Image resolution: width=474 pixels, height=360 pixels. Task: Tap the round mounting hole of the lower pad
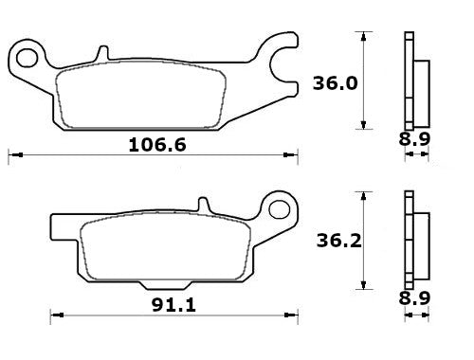coord(279,206)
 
